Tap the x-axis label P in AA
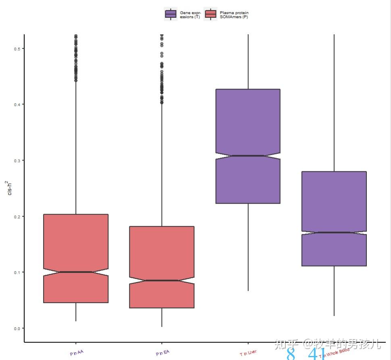coord(77,353)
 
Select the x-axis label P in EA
coord(163,353)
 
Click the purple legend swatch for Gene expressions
coord(171,15)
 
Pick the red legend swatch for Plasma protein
coord(210,15)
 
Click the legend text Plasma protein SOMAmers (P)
coord(234,15)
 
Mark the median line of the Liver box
coord(248,156)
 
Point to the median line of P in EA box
coord(162,280)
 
